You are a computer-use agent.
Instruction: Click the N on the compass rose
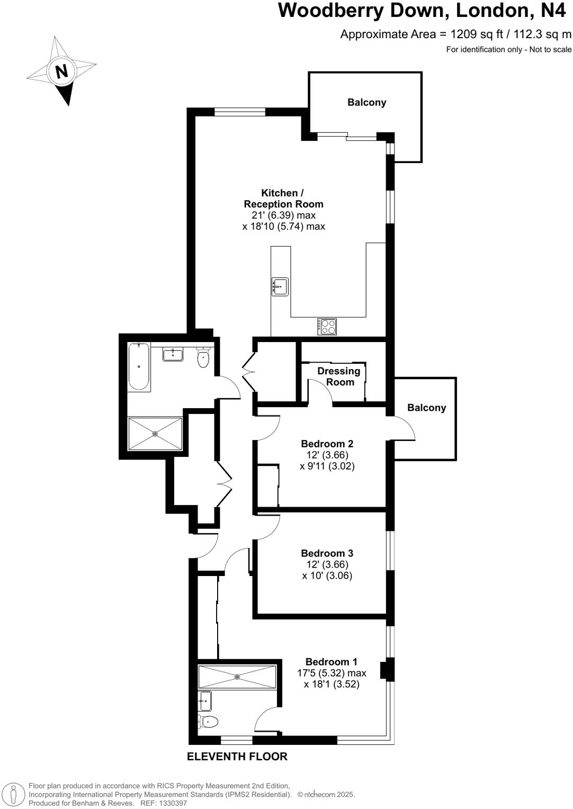(61, 70)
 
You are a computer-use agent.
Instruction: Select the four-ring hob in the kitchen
(327, 326)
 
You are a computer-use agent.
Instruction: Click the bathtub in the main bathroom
(139, 366)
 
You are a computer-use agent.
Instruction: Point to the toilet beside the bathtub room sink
(203, 358)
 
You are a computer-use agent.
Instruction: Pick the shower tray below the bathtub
(155, 434)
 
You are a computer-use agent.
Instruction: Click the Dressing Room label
(339, 376)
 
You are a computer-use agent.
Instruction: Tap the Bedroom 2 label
(327, 444)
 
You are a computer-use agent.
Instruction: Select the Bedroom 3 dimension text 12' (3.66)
(327, 564)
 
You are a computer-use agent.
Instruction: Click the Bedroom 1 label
(331, 662)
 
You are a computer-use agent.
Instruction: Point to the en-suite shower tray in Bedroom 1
(237, 677)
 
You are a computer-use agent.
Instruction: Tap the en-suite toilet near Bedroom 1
(208, 721)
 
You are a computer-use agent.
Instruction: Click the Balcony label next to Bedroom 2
(426, 408)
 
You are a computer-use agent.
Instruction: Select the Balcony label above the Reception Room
(366, 102)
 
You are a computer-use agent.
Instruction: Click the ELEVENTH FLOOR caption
(237, 757)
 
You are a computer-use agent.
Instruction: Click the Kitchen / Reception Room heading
(283, 199)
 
